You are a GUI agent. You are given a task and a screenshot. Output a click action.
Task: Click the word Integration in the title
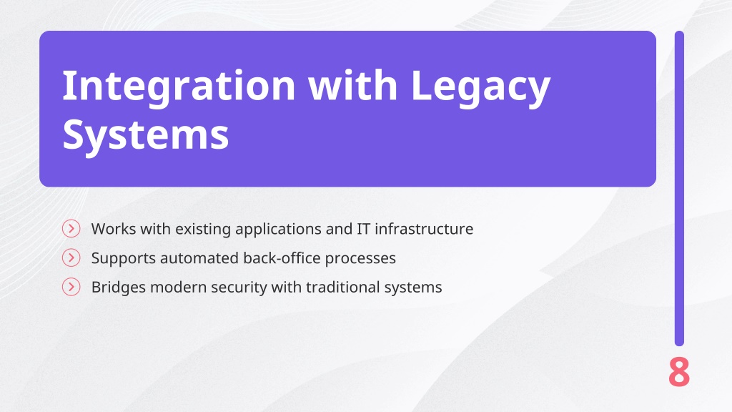[179, 87]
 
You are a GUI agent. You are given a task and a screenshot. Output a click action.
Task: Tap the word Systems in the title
[146, 135]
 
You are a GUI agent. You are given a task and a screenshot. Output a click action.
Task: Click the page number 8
[679, 372]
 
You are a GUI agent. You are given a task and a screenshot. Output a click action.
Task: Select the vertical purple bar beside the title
[679, 188]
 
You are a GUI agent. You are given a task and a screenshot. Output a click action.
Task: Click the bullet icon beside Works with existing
[71, 228]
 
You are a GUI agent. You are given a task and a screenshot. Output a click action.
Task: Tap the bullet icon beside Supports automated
[71, 257]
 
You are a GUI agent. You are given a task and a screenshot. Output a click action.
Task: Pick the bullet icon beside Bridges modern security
[71, 286]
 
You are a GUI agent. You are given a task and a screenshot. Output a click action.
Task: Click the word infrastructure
[424, 229]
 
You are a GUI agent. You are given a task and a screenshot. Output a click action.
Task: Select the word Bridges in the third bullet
[119, 288]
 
